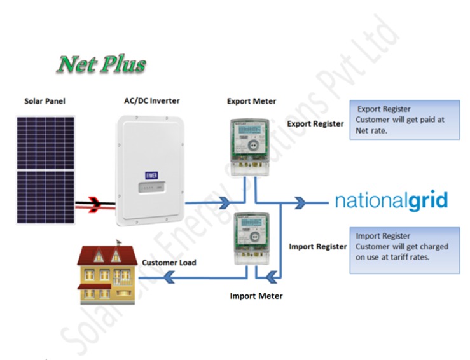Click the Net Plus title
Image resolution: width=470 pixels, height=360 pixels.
[x=102, y=64]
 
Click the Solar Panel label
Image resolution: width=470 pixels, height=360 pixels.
[x=45, y=101]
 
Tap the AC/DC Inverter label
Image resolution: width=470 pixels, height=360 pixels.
[x=151, y=101]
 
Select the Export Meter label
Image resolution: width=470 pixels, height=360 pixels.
[x=251, y=102]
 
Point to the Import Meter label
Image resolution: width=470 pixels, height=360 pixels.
[x=256, y=296]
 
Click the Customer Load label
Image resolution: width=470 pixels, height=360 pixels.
[x=169, y=262]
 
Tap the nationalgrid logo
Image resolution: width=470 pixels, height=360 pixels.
[x=391, y=201]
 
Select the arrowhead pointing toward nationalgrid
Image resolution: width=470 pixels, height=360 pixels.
[x=300, y=204]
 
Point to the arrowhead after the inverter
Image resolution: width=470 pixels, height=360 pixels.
[x=225, y=204]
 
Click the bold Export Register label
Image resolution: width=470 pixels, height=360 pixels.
[x=315, y=123]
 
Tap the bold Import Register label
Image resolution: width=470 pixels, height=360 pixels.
[x=318, y=246]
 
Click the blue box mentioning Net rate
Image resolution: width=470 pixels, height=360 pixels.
[x=404, y=120]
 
